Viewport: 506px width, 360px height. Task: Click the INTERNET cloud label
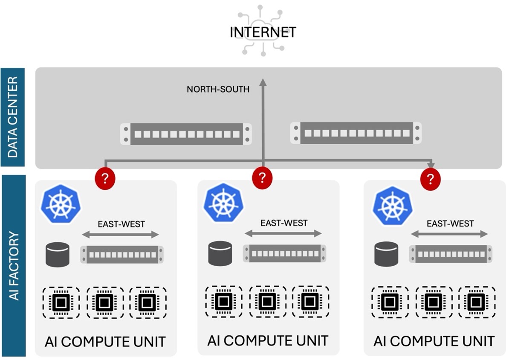(x=263, y=32)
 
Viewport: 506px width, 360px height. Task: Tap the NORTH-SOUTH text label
(x=218, y=89)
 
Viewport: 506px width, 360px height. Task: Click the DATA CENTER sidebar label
(x=13, y=117)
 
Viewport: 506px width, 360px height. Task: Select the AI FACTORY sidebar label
(x=13, y=265)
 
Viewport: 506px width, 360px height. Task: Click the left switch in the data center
(x=186, y=134)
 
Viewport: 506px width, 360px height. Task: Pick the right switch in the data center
(x=356, y=133)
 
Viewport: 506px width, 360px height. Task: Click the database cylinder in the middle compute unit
(x=220, y=253)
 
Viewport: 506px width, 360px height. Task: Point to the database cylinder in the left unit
(x=57, y=255)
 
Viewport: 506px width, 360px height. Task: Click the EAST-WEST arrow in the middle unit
(x=283, y=233)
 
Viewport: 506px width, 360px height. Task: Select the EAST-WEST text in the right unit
(x=450, y=224)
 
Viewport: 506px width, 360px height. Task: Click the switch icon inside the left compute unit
(x=122, y=255)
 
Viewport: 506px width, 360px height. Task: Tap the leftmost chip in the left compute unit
(x=61, y=302)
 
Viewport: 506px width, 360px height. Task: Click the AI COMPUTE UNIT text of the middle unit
(x=268, y=341)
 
